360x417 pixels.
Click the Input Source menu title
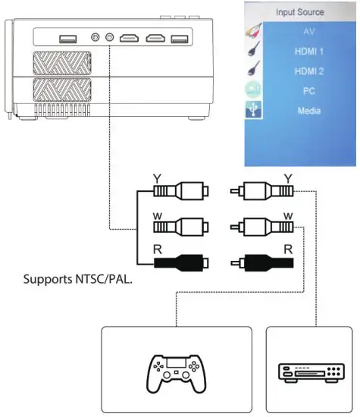[x=299, y=13]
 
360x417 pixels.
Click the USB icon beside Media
[x=252, y=111]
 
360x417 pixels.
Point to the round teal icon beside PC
[x=252, y=91]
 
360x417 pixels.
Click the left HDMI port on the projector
[x=130, y=37]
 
